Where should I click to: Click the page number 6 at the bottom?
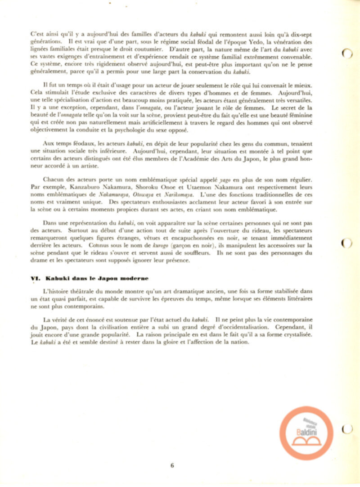pos(172,465)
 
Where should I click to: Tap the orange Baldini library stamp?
pos(306,433)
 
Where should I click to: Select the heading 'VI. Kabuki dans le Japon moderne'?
pos(90,279)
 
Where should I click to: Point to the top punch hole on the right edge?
pos(346,54)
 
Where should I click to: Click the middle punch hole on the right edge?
pos(346,243)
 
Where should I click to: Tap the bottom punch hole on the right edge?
pos(346,429)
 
